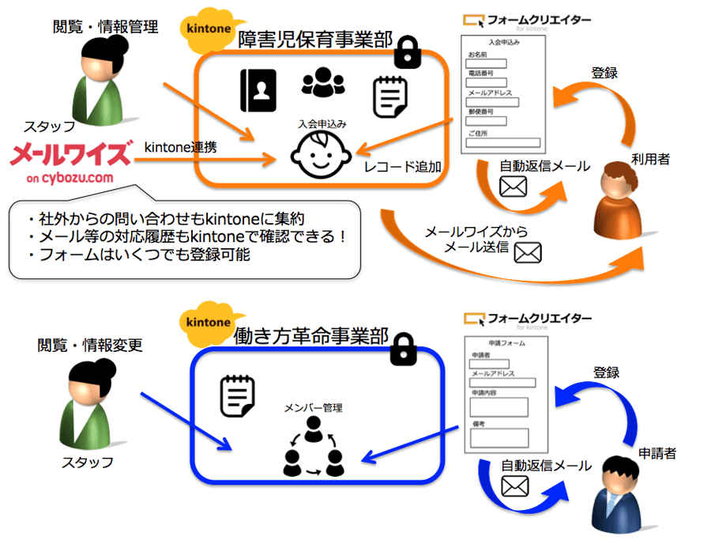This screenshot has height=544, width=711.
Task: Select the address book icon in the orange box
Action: click(x=258, y=90)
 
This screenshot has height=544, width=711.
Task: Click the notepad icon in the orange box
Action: click(x=390, y=96)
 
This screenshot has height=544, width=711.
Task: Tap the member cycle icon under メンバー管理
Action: click(x=314, y=447)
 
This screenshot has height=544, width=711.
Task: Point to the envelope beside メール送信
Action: click(x=527, y=252)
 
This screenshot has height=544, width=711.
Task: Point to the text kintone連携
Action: click(x=180, y=147)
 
